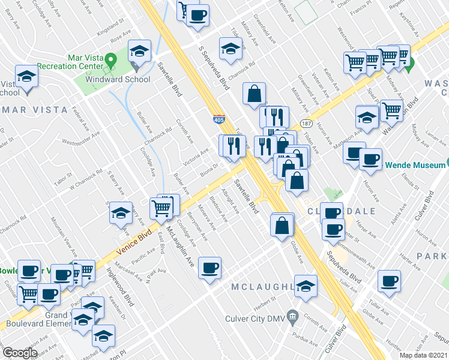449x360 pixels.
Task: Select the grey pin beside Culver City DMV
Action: click(292, 315)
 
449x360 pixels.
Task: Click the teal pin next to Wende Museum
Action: click(444, 164)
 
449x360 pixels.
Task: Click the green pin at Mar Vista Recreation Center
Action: click(110, 60)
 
